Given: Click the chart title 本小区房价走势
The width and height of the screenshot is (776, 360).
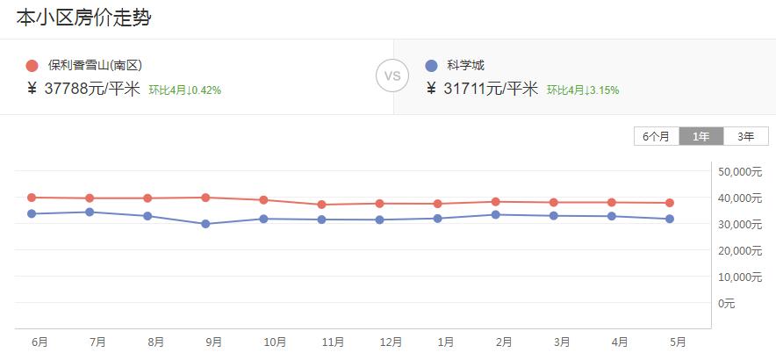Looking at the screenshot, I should coord(83,18).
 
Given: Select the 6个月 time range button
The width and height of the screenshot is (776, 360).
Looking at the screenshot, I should coord(656,136).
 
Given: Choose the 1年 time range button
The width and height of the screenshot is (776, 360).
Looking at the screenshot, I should coord(701,136).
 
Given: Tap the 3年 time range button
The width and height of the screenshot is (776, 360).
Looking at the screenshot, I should coord(746,136).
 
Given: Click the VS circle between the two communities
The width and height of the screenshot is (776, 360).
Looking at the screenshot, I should coord(392,76).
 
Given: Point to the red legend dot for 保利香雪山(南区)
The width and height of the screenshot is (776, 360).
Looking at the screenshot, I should coord(32,66).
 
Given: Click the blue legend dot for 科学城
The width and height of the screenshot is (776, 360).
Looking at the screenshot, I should coord(431,66).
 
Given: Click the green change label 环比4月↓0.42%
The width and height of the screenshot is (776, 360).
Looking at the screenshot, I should coord(184,90).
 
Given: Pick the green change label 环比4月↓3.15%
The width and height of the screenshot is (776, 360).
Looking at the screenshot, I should coord(583,90).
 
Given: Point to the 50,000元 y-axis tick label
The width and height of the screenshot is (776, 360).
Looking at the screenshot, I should coord(739,171).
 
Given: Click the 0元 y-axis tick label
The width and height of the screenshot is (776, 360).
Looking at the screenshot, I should coord(726,303).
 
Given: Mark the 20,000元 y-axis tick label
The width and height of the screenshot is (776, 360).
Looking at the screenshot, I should coord(739,250).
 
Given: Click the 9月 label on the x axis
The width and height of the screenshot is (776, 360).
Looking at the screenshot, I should coord(213,342).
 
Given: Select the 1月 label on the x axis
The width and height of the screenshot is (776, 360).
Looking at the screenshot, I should coord(446,342).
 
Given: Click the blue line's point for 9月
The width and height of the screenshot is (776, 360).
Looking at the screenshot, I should coord(205,224).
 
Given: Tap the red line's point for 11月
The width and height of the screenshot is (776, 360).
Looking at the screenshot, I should coord(321,205).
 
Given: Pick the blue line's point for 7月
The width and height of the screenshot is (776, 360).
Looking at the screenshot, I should coord(90,212).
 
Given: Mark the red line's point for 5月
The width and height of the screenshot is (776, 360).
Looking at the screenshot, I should coord(670,203).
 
